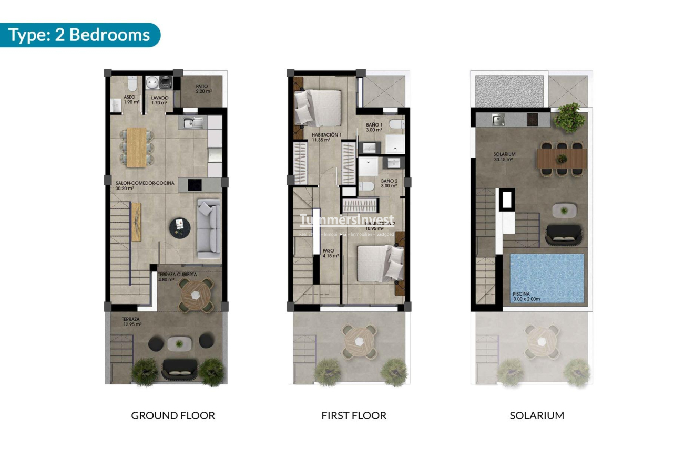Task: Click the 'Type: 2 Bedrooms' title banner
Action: (x=79, y=35)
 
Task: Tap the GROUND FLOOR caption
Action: (x=173, y=416)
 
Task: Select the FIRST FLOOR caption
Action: (x=354, y=416)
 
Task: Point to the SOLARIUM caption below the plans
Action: (x=537, y=416)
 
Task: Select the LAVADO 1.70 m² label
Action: (x=159, y=100)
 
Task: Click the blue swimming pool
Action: (x=547, y=278)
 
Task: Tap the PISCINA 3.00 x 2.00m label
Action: (x=527, y=297)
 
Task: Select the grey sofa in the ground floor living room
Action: (x=209, y=228)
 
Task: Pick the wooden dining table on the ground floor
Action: (x=137, y=147)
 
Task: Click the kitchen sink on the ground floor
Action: (x=189, y=123)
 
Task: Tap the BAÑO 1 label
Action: (x=375, y=127)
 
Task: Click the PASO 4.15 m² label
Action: (x=330, y=253)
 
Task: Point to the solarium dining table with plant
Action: (x=562, y=159)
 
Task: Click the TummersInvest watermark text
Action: (x=346, y=220)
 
